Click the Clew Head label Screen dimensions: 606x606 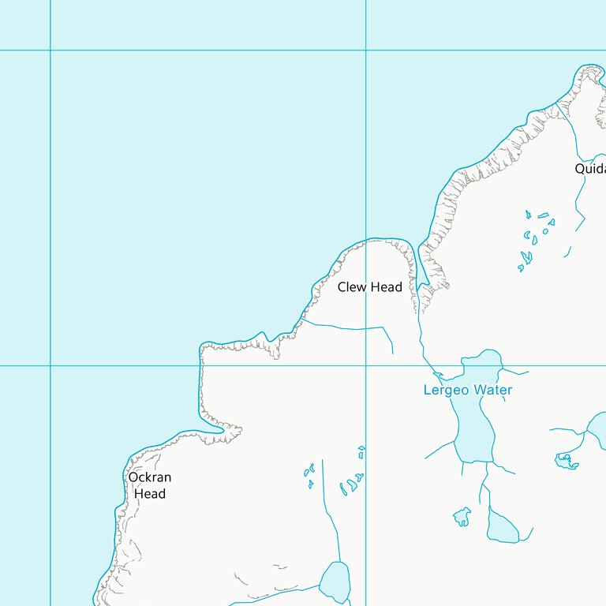coord(369,287)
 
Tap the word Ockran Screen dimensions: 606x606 coord(149,477)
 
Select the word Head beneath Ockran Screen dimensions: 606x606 coord(149,494)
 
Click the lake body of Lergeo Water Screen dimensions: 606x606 coord(475,426)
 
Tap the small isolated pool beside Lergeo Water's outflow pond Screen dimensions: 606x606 coord(462,518)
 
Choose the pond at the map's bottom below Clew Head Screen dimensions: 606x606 coord(335,582)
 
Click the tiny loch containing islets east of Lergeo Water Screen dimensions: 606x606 coord(566,459)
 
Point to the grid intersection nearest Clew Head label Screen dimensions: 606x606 coord(365,365)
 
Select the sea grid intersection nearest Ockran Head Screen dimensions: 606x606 coord(50,365)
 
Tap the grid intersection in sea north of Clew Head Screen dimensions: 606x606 coord(365,50)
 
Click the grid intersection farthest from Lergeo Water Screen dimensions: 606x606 coord(50,50)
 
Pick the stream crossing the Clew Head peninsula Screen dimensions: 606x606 coord(347,327)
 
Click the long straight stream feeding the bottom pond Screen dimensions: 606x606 coord(329,521)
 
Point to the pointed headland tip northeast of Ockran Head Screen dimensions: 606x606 coord(240,429)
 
